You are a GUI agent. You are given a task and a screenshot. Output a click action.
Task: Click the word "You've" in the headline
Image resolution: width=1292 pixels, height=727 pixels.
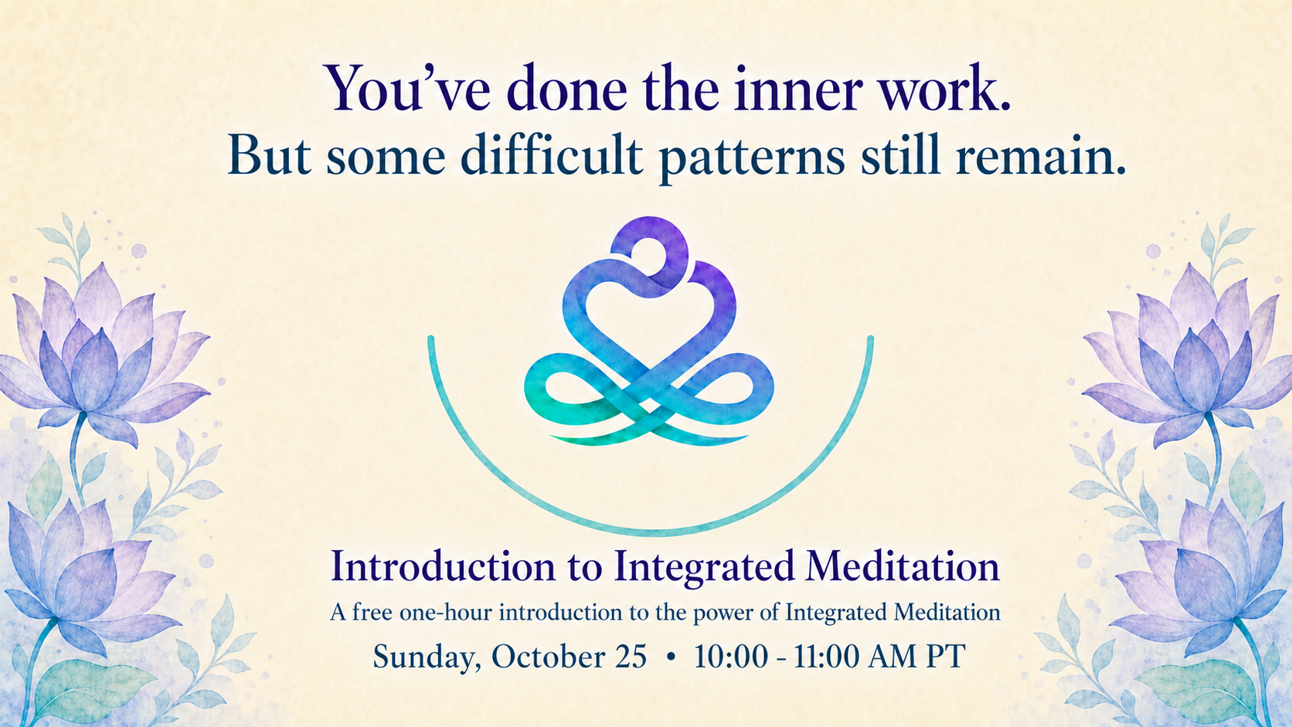pyautogui.click(x=408, y=88)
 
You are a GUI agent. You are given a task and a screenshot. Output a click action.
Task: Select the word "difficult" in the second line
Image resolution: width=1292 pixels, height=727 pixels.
pyautogui.click(x=552, y=155)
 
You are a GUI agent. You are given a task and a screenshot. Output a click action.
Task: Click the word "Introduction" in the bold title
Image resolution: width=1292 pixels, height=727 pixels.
pyautogui.click(x=444, y=566)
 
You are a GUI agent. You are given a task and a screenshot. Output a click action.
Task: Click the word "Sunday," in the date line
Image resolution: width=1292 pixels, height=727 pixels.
pyautogui.click(x=427, y=657)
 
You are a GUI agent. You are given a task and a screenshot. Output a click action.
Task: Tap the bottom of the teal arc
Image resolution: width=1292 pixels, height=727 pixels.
pyautogui.click(x=651, y=532)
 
